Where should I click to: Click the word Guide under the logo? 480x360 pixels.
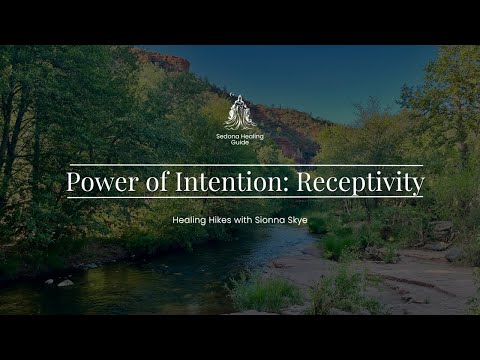click(240, 142)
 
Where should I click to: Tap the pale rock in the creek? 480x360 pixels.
click(65, 282)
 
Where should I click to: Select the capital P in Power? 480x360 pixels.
click(73, 183)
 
